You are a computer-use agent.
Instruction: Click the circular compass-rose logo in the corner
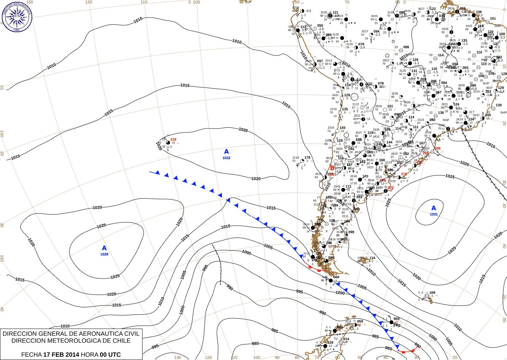click(17, 16)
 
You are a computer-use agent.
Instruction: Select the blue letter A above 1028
click(104, 248)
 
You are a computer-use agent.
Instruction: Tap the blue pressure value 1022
click(226, 158)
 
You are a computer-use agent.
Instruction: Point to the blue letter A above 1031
click(434, 208)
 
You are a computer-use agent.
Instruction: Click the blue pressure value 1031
click(434, 214)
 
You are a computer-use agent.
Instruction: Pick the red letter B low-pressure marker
click(332, 168)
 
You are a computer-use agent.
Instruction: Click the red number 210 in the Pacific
click(173, 139)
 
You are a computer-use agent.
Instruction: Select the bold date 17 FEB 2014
click(61, 355)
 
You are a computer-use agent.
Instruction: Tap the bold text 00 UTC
click(110, 355)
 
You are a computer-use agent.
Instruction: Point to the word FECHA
click(31, 355)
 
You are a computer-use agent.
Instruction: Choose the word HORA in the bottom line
click(90, 355)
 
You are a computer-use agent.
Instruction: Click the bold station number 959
click(396, 319)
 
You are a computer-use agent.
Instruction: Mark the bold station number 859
click(360, 322)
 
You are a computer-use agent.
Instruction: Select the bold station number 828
click(330, 342)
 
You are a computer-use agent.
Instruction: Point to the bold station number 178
click(307, 158)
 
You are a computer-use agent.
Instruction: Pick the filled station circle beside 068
click(330, 281)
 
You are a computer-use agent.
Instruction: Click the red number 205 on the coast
click(438, 149)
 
